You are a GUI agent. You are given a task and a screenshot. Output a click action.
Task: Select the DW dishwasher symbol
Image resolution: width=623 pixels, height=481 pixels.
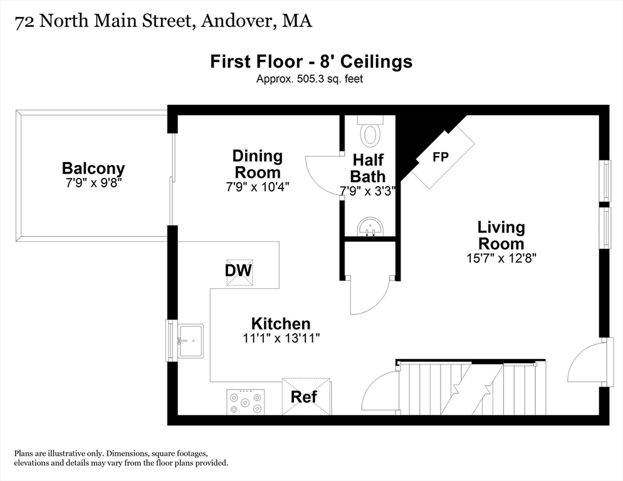(x=239, y=271)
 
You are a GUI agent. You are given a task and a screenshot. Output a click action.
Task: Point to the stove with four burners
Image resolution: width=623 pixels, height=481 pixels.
(x=245, y=401)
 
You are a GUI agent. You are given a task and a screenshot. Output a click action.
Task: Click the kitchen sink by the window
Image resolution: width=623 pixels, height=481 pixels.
(x=190, y=341)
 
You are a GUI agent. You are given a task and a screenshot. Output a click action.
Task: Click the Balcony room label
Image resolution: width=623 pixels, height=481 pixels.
(x=93, y=168)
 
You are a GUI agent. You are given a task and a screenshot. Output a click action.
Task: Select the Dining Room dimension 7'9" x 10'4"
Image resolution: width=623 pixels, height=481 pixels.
(x=257, y=186)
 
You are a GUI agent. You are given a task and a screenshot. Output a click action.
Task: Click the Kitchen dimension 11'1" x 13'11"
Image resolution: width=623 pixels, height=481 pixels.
(x=280, y=338)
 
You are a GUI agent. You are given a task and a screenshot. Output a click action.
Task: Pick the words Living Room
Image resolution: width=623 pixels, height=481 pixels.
(x=501, y=235)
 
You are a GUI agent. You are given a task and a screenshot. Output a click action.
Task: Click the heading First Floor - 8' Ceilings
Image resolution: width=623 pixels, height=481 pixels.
(x=311, y=61)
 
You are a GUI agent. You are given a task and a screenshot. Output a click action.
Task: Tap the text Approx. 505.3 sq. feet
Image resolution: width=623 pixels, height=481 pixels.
(x=310, y=79)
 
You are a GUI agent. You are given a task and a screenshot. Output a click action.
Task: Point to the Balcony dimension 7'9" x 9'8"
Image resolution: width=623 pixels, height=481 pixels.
(x=93, y=182)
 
